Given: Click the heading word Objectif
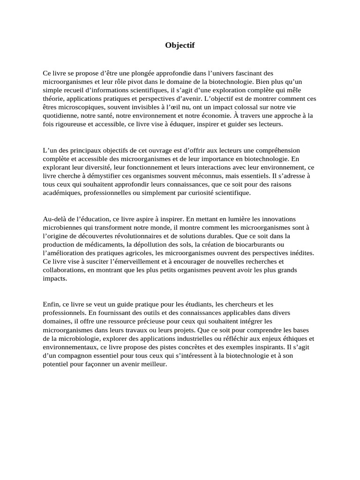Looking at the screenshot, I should (180, 45).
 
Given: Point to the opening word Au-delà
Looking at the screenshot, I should (54, 218).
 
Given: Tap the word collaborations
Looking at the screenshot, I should (63, 270).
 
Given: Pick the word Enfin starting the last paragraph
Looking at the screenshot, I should (51, 304).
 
